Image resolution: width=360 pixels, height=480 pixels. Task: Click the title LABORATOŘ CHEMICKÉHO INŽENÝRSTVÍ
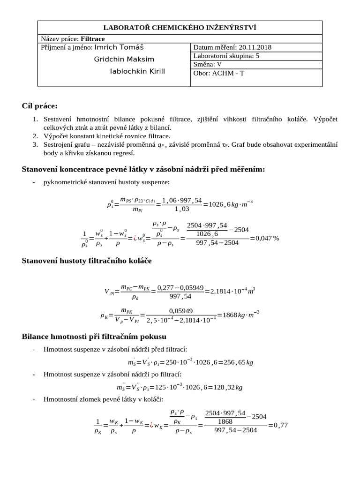[180, 28]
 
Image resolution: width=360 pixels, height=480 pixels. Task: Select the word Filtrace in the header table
[93, 39]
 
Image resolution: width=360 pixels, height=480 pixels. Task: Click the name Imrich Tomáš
[119, 47]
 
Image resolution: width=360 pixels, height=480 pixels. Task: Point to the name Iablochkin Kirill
[137, 71]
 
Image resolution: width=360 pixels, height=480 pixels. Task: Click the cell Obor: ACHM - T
[218, 73]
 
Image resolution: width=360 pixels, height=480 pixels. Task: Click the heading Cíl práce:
[39, 106]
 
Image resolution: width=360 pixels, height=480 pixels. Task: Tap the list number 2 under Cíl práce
[35, 136]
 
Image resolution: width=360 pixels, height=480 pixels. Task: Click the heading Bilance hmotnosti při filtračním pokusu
[94, 337]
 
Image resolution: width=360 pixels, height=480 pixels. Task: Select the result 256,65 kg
[236, 362]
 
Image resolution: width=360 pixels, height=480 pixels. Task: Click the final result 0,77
[280, 425]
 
